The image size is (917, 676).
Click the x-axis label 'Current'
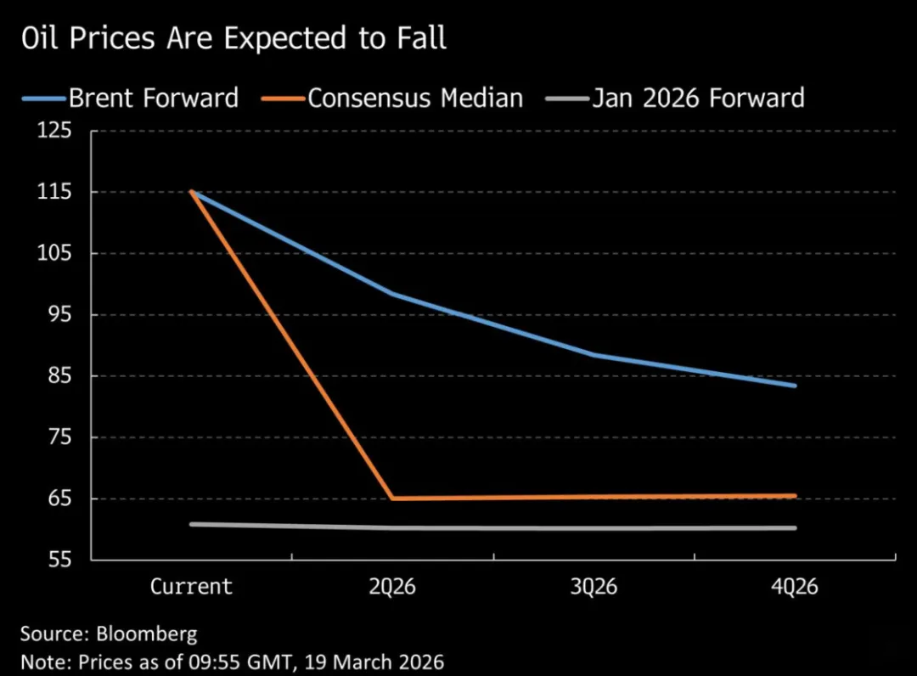pos(191,587)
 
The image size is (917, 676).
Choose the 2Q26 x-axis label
pos(392,587)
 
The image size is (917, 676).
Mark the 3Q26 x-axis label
pos(594,587)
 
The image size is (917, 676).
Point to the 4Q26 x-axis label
pos(795,587)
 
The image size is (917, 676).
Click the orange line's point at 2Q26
pos(392,499)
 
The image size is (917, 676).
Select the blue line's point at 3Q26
pos(594,354)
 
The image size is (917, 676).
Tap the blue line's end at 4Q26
pos(795,386)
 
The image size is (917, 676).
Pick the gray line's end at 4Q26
pos(795,527)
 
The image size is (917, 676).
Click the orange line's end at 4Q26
pos(795,496)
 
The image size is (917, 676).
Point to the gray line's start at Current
pos(191,524)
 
